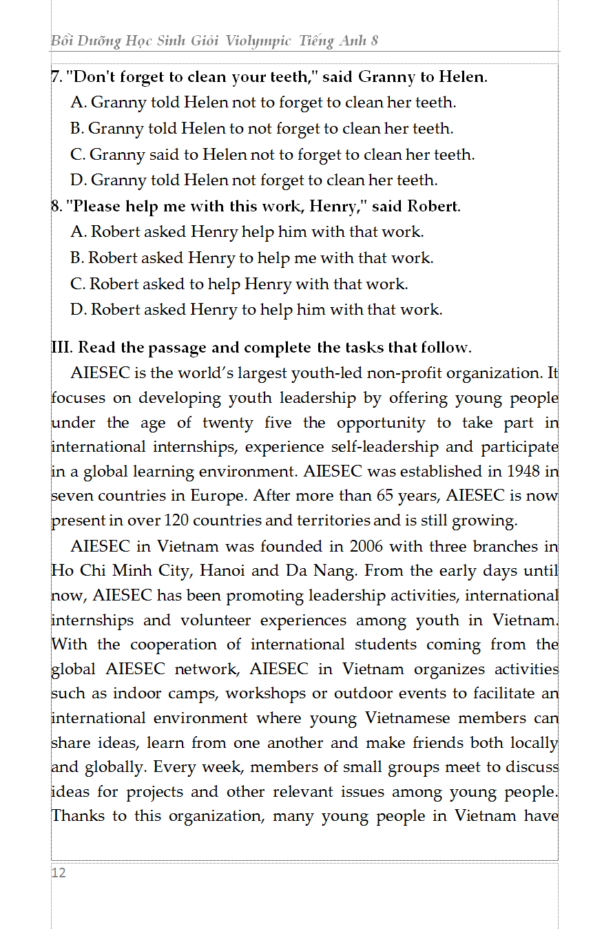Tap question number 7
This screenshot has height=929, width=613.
(56, 76)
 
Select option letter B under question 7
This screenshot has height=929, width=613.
(76, 128)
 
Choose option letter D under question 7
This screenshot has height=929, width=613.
(77, 180)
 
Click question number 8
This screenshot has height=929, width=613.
(56, 206)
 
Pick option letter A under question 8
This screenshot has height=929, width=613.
(77, 232)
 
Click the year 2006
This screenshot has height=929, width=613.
(366, 546)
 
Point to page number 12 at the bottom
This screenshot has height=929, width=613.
(59, 873)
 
